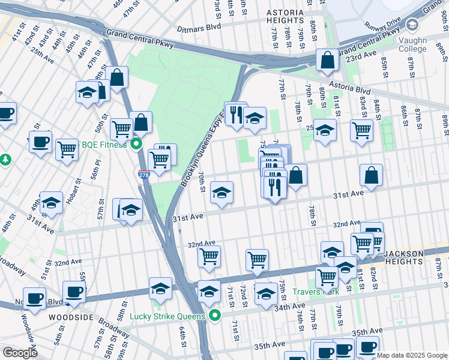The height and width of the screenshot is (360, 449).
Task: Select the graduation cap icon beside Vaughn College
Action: [412, 25]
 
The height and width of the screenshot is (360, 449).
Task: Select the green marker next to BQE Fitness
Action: [136, 144]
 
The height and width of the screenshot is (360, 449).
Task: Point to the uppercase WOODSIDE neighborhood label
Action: [69, 316]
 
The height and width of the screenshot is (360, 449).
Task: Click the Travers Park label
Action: [316, 292]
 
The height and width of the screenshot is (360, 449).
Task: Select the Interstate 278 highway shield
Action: [143, 175]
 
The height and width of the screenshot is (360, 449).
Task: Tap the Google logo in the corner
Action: [20, 352]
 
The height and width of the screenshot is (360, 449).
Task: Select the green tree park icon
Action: [5, 160]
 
